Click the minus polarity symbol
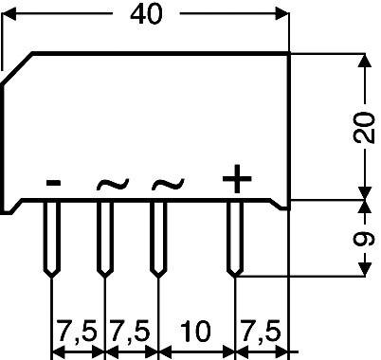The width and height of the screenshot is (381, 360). click(x=54, y=182)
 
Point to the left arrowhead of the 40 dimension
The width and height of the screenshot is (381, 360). click(x=9, y=15)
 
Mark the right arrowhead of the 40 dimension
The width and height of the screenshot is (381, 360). click(x=281, y=15)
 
